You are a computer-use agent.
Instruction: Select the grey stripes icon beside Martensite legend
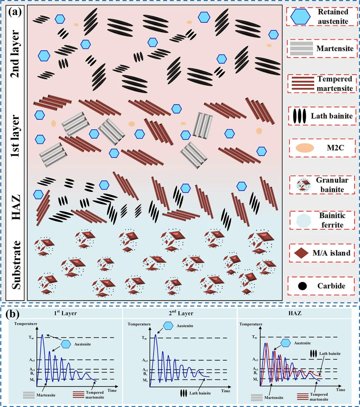301,49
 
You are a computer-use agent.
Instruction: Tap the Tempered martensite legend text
335,84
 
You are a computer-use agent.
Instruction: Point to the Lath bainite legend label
332,116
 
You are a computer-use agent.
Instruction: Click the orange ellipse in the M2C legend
305,148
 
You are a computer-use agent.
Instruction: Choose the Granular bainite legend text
332,185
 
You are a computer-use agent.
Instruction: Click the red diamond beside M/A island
301,253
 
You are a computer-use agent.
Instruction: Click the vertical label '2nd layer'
15,55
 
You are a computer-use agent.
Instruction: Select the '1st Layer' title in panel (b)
65,313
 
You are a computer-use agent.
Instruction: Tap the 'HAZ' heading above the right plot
295,313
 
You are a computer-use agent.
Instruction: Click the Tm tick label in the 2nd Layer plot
144,338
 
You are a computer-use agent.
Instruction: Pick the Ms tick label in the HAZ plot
255,379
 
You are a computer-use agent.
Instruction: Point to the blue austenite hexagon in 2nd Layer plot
168,326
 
